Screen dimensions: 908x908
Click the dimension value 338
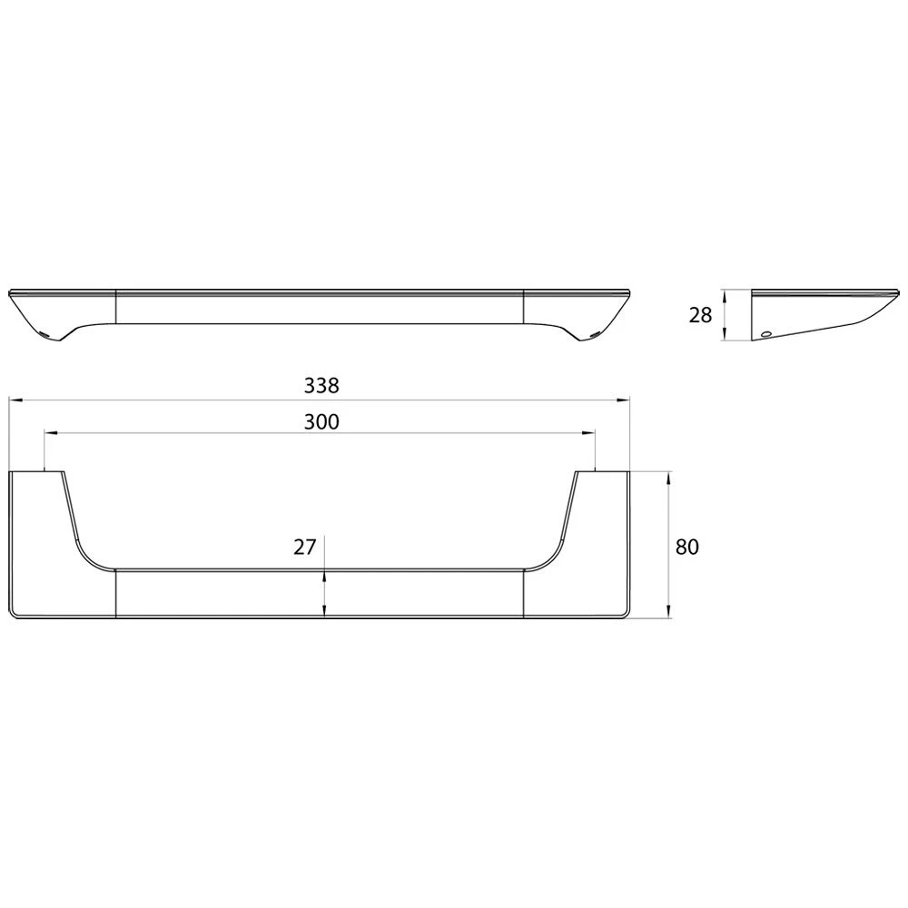[x=321, y=385]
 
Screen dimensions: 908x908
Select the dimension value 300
[x=321, y=421]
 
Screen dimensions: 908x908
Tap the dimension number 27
[x=304, y=547]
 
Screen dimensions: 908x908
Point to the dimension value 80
[x=687, y=547]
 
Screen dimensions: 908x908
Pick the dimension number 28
[x=700, y=316]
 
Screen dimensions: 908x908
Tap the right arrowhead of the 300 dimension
[x=588, y=432]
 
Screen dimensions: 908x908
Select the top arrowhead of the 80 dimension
[x=669, y=479]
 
